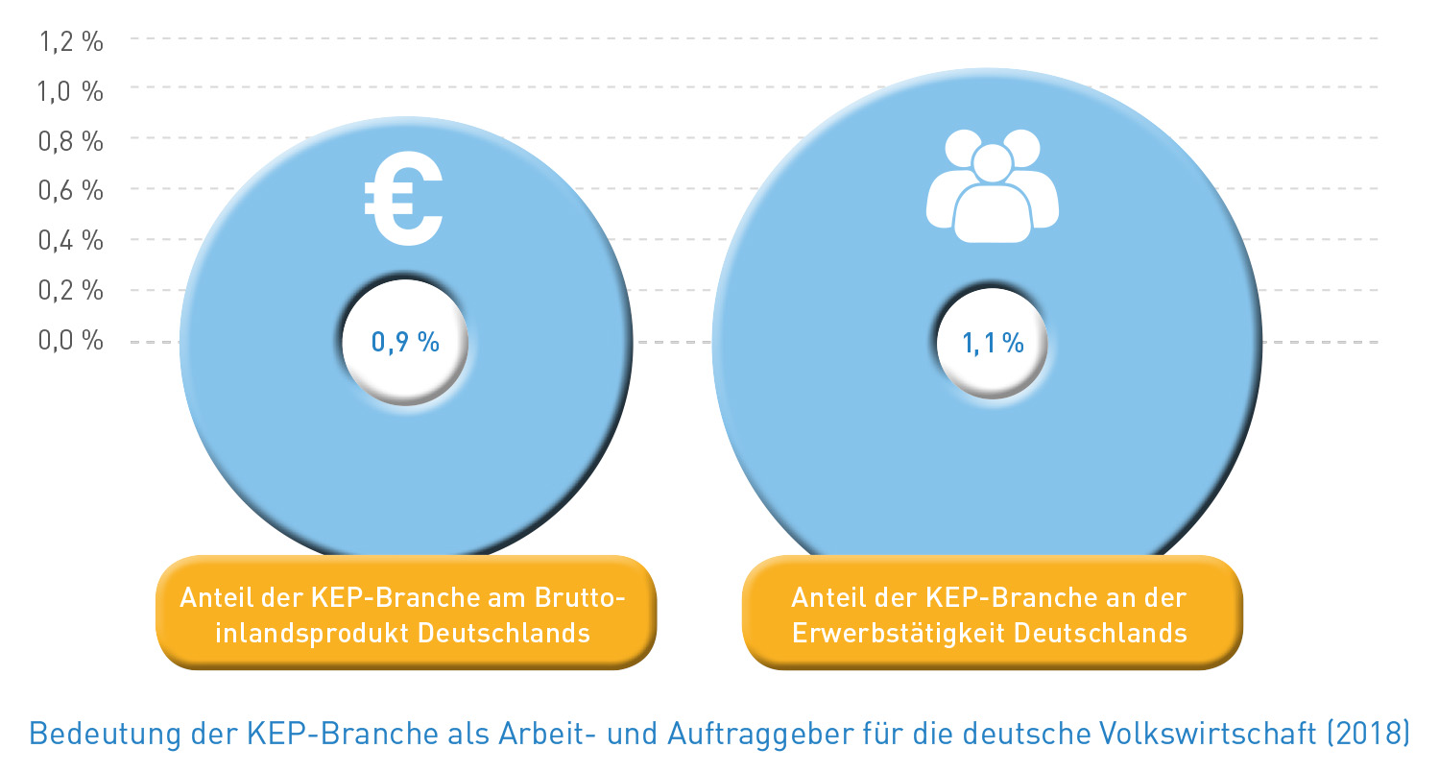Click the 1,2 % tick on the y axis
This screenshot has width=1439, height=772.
coord(70,41)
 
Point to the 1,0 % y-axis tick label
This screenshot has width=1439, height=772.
coord(70,91)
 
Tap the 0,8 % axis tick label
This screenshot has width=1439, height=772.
coord(70,141)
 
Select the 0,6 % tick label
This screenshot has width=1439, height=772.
coord(70,190)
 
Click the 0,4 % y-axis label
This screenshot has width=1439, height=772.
coord(70,240)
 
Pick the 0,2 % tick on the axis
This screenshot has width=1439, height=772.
coord(70,290)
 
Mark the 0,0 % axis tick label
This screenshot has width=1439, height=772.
coord(70,340)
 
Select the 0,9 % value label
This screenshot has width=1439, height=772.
coord(405,342)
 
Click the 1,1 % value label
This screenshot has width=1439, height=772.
coord(993,343)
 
